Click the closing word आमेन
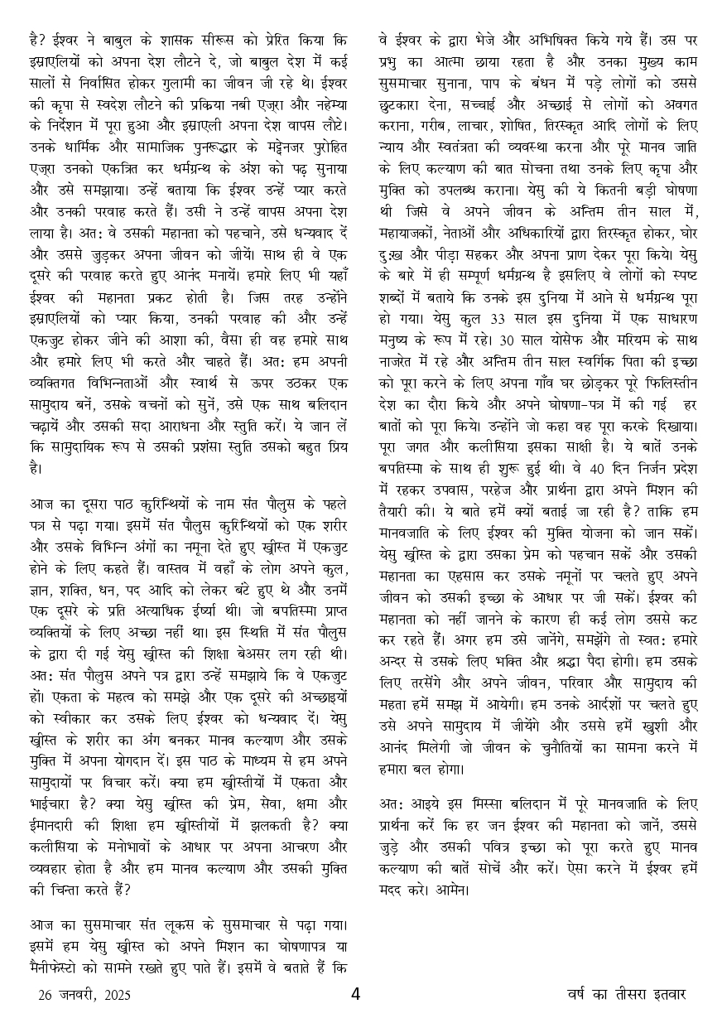[449, 891]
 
